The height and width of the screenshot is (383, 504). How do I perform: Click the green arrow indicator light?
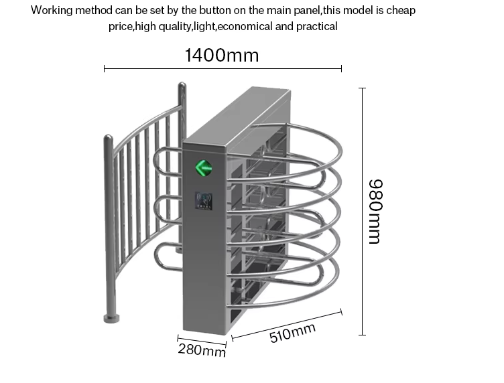coord(204,167)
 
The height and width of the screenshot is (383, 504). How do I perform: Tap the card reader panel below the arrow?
coord(204,201)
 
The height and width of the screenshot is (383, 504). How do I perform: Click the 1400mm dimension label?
coord(222,55)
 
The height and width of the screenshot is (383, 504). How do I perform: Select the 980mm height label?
coord(375,212)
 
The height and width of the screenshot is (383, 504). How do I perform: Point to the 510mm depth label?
coord(292,333)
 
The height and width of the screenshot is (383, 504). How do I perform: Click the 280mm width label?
coord(202,350)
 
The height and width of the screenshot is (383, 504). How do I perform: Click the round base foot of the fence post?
coord(111,318)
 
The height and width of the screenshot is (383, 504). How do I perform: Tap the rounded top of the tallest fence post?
coord(182,85)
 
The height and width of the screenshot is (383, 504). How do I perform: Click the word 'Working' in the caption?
coord(52,11)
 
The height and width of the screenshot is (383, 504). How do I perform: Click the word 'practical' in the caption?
coord(316,26)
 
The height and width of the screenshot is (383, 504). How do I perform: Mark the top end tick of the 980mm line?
coord(362,88)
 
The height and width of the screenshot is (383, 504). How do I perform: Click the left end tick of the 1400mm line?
coord(104,68)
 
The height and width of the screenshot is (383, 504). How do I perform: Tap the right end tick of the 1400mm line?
coord(341,68)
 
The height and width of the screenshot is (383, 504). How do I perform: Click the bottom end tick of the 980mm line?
coord(362,335)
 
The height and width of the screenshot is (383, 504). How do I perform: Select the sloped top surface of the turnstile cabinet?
coord(237,115)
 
